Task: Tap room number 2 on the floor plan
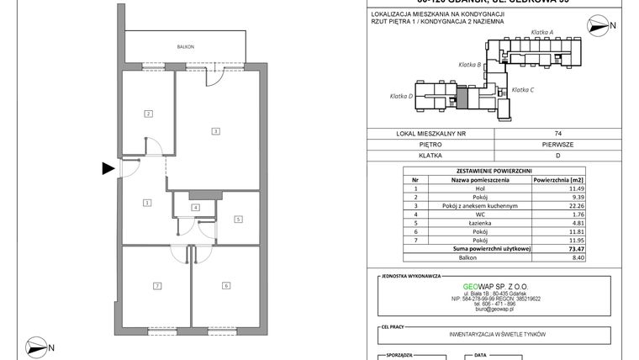147,114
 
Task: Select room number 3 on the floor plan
216,131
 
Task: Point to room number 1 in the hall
147,202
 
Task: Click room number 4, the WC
195,207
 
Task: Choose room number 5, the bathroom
238,220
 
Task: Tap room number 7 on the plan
156,286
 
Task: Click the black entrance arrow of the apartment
108,168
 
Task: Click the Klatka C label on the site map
523,89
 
